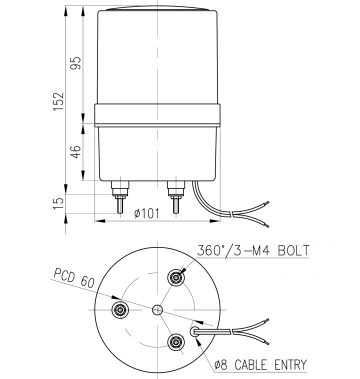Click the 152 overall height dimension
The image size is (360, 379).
tap(59, 101)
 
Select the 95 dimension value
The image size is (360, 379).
tap(77, 63)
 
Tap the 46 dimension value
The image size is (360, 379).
tap(77, 152)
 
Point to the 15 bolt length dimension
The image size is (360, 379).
tap(59, 203)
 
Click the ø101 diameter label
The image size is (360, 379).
tap(147, 213)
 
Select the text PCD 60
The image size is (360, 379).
tap(75, 278)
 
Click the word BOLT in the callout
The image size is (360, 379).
tap(294, 251)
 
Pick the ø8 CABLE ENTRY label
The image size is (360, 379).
tap(260, 365)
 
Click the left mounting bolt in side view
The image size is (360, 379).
tap(119, 197)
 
